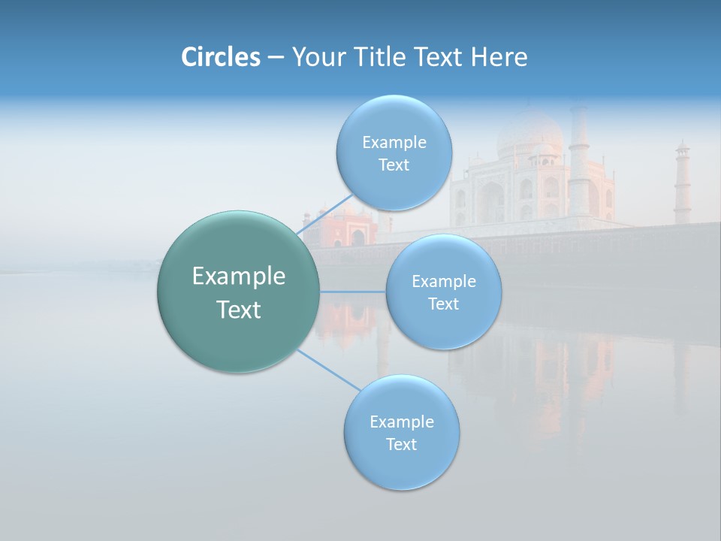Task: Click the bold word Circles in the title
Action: [x=220, y=57]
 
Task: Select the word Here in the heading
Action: [x=499, y=57]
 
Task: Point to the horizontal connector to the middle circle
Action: [x=352, y=291]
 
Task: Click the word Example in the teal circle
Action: [x=238, y=277]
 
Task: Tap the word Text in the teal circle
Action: [x=238, y=310]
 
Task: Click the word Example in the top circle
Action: [x=394, y=142]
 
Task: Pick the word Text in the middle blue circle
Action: [x=443, y=304]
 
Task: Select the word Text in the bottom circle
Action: [x=401, y=444]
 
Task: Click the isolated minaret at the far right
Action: [x=681, y=184]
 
